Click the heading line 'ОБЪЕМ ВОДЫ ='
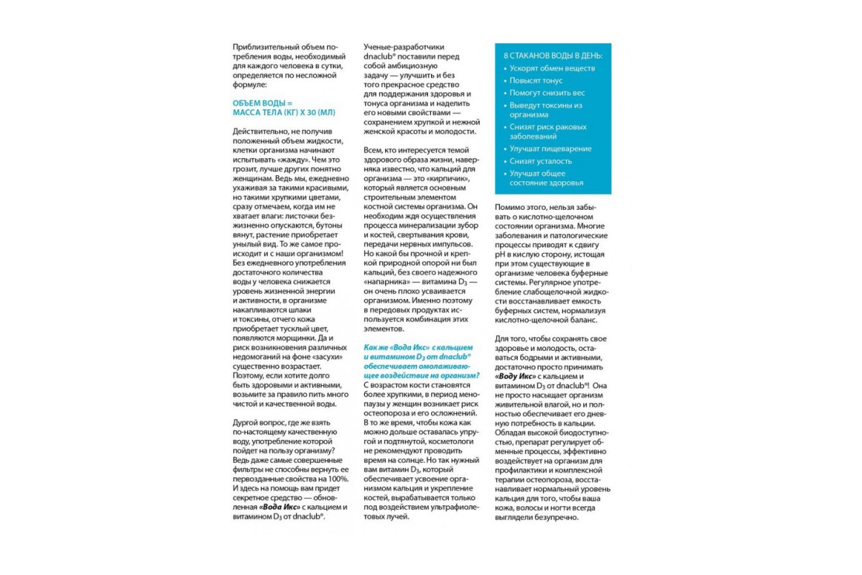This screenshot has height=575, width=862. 264,103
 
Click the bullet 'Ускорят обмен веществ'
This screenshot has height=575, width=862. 552,69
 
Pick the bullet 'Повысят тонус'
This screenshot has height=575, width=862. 536,80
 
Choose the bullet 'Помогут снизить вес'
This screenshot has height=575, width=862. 547,93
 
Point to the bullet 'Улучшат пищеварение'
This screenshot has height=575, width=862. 550,149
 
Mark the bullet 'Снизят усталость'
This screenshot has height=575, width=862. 541,161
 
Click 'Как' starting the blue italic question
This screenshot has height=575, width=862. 372,346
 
